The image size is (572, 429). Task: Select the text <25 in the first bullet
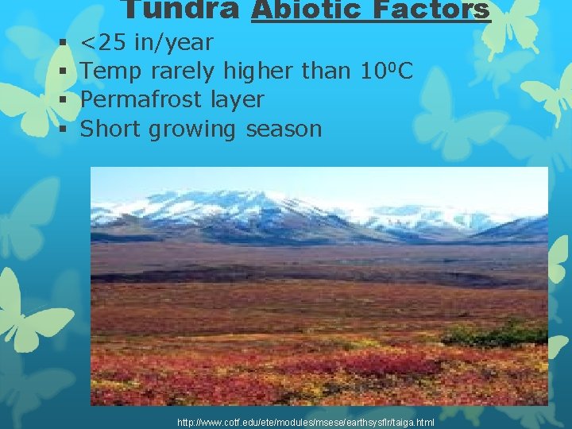pos(104,42)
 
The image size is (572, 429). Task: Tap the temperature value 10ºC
pos(385,71)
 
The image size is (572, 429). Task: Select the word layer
pos(238,101)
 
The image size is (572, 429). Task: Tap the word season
pos(284,129)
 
